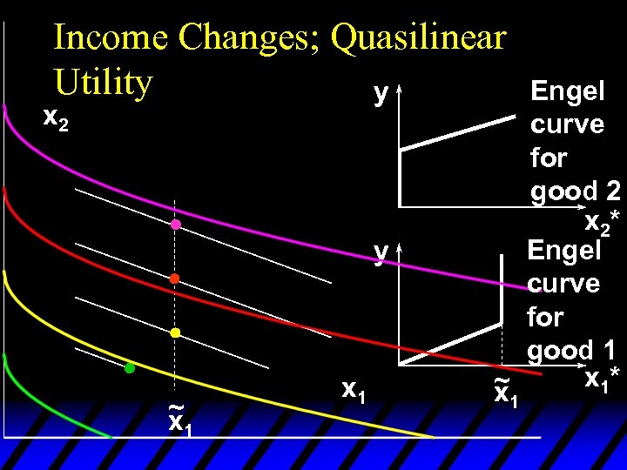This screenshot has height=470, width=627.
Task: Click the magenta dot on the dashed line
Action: click(175, 225)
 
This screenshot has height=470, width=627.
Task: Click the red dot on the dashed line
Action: click(174, 279)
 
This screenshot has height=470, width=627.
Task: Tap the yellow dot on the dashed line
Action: click(174, 333)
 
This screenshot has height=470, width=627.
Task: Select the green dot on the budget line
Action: click(129, 368)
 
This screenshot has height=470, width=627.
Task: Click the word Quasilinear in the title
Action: click(419, 38)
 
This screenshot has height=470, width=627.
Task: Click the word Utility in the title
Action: click(102, 82)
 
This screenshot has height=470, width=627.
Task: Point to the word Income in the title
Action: click(111, 38)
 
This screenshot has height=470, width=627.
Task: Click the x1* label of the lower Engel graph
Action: click(601, 379)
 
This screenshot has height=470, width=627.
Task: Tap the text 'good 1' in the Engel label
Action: click(570, 350)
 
